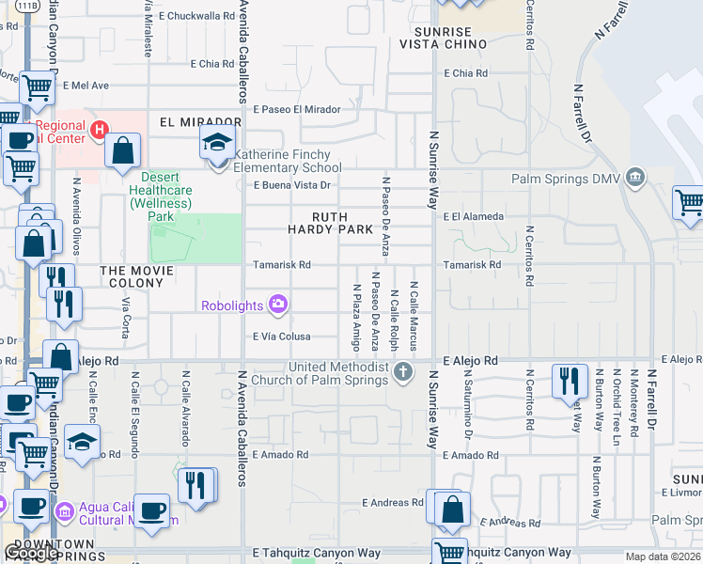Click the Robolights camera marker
point(278,304)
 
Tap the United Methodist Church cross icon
point(403,369)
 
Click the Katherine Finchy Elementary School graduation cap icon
point(216,144)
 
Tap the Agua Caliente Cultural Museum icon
point(65,510)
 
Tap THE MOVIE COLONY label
point(138,276)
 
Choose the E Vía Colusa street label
point(294,337)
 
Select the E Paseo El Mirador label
point(296,109)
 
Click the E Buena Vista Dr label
point(293,185)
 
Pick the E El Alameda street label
point(474,216)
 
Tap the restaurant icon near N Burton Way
point(570,379)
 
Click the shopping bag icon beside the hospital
point(123,149)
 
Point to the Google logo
point(31,553)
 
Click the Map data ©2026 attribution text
point(663,556)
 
